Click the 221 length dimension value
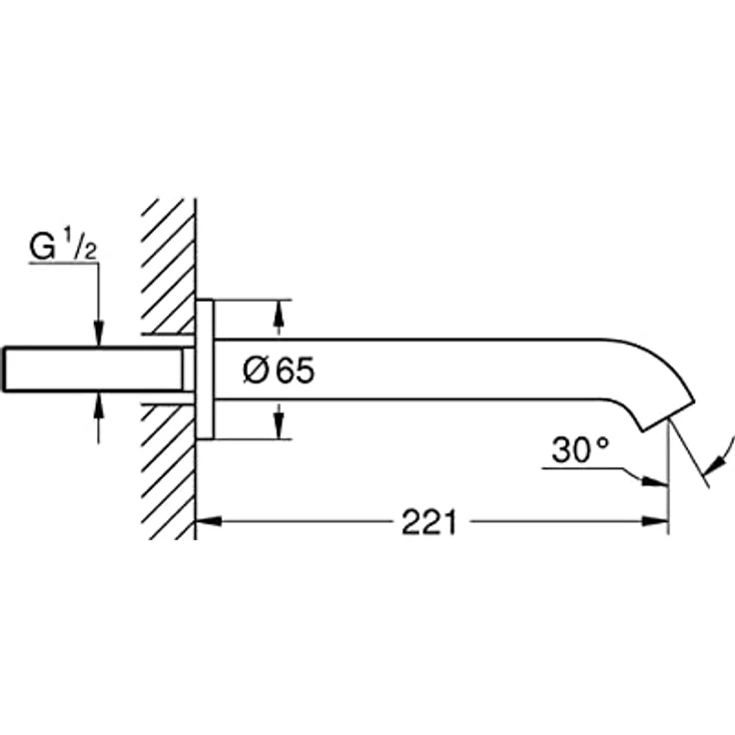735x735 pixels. [428, 522]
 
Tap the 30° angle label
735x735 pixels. [580, 450]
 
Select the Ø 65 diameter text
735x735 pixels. [279, 370]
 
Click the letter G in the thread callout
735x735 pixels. [42, 247]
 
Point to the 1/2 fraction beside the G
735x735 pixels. [80, 246]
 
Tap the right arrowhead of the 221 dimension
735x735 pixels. [655, 521]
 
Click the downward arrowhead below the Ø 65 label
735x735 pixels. [279, 426]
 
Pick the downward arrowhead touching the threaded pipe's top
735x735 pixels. [99, 335]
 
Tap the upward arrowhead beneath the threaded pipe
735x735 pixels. [99, 405]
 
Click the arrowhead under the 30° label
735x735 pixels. [655, 481]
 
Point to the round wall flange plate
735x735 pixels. [205, 369]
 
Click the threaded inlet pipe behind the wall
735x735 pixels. [94, 369]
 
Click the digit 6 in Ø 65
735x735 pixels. [286, 370]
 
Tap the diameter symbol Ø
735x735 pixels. [256, 370]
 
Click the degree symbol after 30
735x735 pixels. [603, 443]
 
